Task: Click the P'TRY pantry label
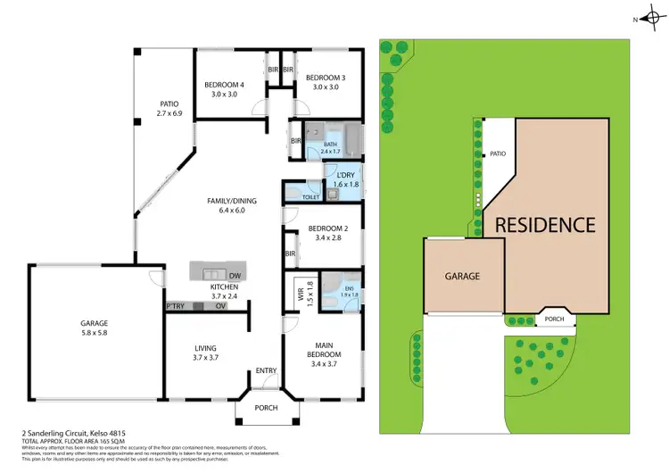tap(174, 307)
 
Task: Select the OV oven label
tap(221, 307)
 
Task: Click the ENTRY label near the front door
tap(266, 371)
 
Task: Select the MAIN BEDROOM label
tap(323, 349)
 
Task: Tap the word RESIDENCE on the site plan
tap(545, 226)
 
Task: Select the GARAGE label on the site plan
tap(463, 277)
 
